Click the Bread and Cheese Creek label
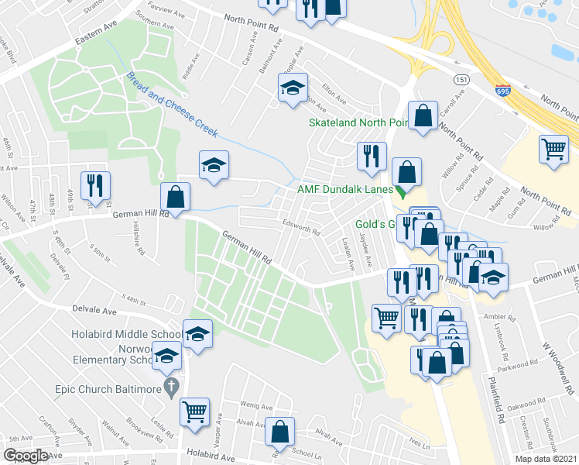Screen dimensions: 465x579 172,102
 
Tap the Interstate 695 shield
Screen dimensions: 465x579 503,90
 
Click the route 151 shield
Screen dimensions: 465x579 461,80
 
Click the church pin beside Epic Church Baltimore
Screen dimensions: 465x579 172,386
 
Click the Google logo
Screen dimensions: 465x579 26,455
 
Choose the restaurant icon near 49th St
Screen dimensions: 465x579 96,184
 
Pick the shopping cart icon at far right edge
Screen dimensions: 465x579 553,147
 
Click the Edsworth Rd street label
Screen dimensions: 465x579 301,228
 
